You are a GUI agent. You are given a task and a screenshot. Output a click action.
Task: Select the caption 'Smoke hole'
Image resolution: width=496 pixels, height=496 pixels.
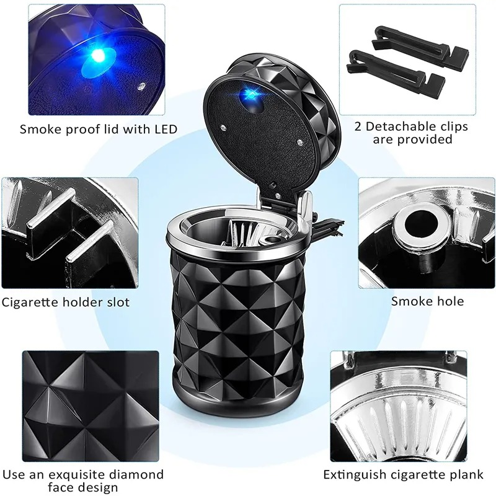pos(427,301)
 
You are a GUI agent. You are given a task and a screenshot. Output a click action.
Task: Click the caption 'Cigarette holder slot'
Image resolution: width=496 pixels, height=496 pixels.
pos(66,302)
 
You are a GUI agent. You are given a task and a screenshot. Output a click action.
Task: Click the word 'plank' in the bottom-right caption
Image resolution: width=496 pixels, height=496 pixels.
pos(466,475)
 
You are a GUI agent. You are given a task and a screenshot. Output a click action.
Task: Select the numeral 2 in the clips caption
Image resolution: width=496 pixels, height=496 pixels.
pos(359,126)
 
